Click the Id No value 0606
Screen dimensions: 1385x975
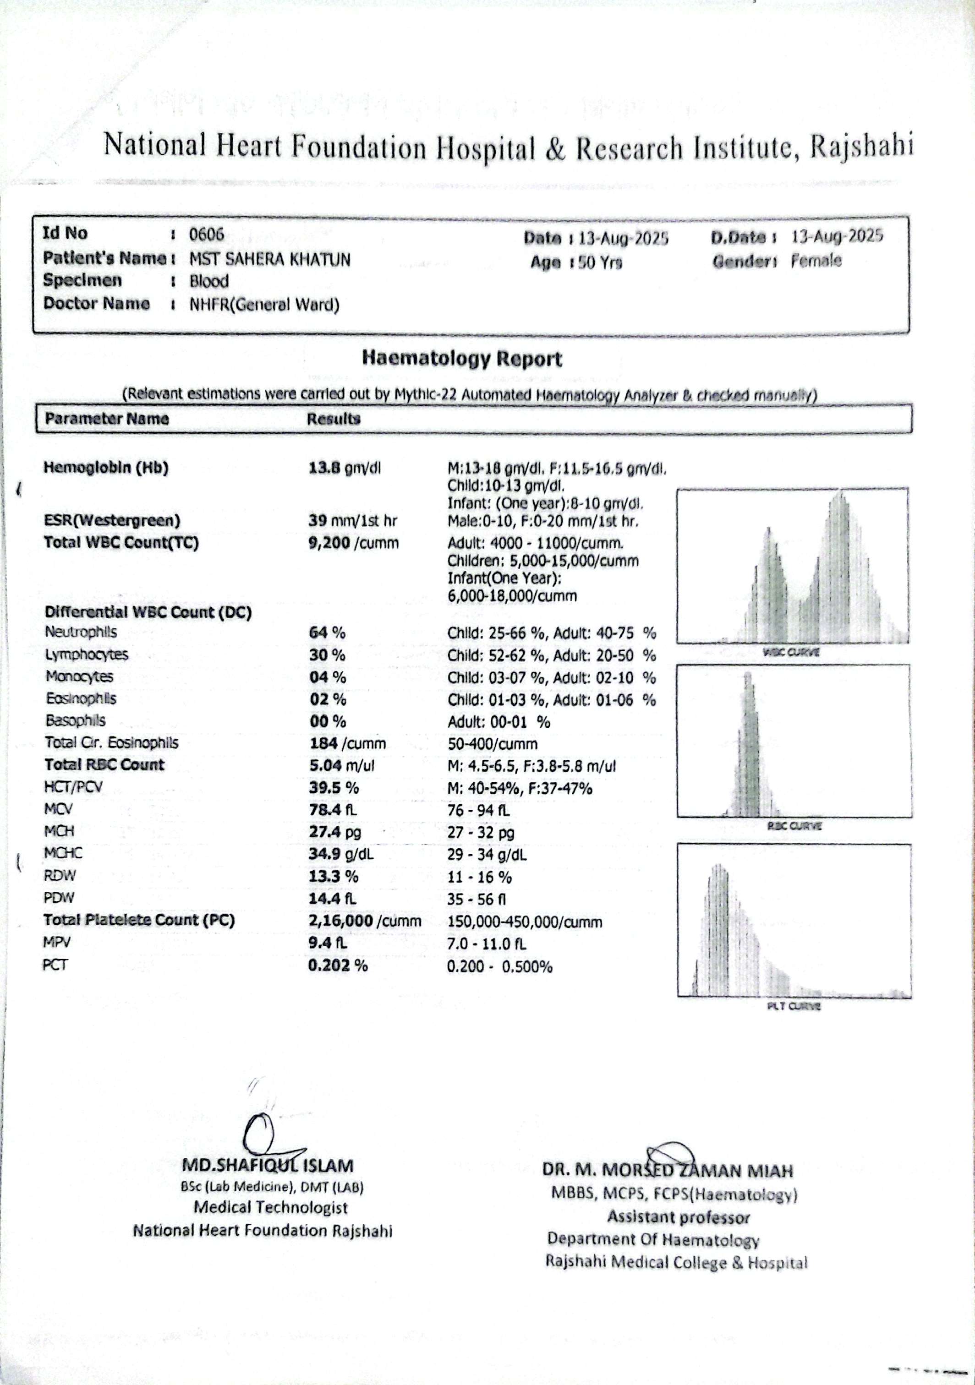coord(206,234)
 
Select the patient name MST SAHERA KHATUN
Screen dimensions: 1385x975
coord(270,259)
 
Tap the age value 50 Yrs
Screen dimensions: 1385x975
coord(600,262)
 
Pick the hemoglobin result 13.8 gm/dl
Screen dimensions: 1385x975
coord(345,468)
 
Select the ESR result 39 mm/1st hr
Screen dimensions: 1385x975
coord(352,521)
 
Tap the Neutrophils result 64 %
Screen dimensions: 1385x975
coord(328,633)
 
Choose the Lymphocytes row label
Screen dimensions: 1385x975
coord(86,654)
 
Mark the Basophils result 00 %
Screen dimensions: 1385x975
coord(328,721)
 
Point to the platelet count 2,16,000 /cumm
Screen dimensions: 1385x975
coord(364,921)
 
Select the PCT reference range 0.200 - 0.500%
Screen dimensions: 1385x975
coord(499,966)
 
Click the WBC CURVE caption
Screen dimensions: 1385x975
coord(791,652)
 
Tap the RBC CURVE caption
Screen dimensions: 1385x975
coord(794,826)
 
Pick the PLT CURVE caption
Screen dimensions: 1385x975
coord(794,1006)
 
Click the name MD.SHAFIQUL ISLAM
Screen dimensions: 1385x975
coord(268,1166)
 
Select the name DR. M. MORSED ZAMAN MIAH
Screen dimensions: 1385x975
coord(667,1171)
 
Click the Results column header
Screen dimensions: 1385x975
coord(333,419)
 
